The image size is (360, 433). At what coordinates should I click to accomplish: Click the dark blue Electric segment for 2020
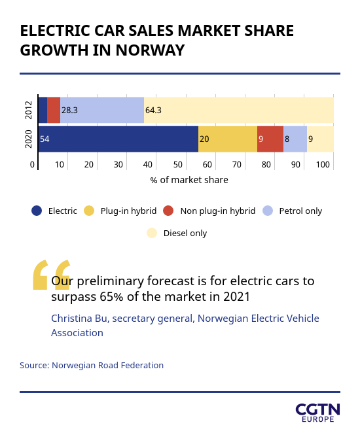118,139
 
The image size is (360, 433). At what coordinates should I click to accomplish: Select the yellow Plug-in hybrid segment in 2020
228,139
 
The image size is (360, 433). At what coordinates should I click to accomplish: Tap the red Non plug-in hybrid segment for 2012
54,110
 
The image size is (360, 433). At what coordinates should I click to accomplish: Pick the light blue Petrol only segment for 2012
102,110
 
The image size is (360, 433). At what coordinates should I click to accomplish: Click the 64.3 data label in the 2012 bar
153,111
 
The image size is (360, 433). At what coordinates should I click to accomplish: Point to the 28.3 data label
69,111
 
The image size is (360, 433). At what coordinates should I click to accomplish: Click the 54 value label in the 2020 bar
45,139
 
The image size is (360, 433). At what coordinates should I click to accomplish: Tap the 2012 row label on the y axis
29,110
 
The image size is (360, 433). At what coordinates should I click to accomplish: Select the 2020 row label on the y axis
29,139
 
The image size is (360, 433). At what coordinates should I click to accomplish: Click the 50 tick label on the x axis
177,165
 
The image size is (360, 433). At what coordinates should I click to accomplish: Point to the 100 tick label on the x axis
323,165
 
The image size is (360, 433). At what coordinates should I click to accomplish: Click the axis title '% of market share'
189,180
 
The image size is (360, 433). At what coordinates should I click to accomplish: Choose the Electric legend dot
37,211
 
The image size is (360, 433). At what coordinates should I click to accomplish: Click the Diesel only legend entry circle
152,233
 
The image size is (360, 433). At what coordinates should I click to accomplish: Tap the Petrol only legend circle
268,211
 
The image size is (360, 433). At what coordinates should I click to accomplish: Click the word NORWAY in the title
150,50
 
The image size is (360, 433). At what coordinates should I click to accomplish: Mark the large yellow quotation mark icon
52,275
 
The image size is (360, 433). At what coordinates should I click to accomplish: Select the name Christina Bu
79,319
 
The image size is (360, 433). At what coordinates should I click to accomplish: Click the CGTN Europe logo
317,413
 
